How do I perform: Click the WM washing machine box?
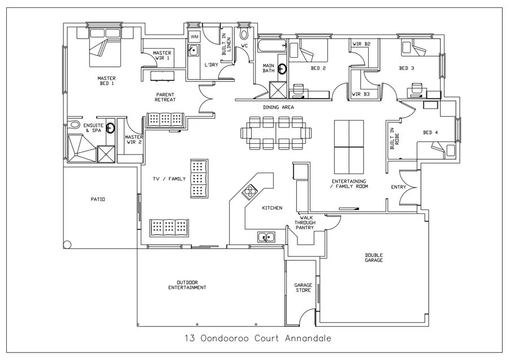tap(194, 36)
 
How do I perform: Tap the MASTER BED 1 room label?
tap(106, 81)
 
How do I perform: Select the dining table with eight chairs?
tap(277, 132)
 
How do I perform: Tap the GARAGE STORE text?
tap(303, 288)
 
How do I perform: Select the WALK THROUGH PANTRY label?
tap(307, 222)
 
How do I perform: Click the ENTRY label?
tap(399, 187)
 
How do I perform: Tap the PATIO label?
tap(98, 199)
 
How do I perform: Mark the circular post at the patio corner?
tap(67, 245)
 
